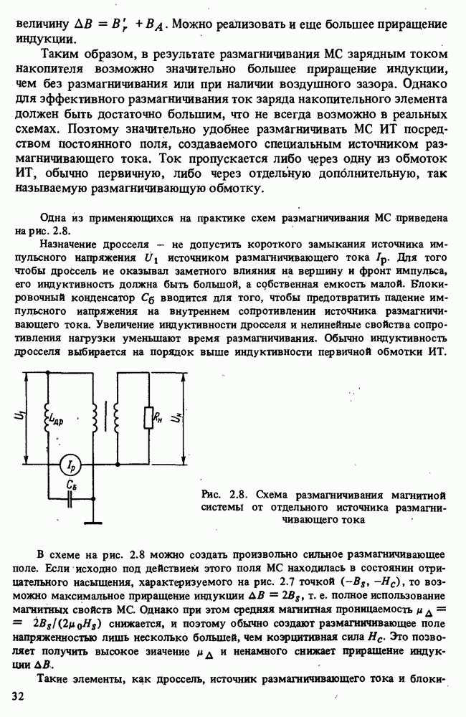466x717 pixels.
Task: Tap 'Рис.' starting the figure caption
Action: tap(213, 494)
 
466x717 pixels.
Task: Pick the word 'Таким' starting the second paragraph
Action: tap(64, 54)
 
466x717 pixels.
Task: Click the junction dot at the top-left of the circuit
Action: tap(47, 374)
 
